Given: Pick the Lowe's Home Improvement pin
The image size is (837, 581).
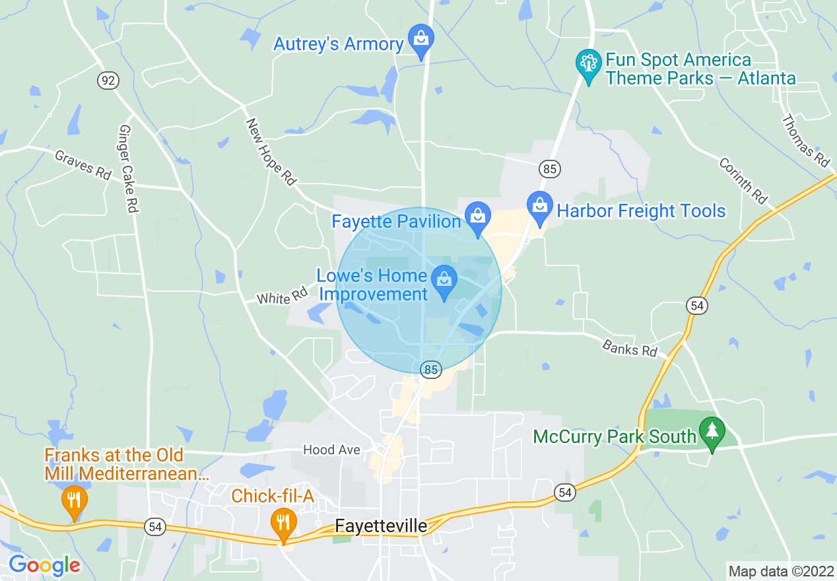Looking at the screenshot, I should point(444,283).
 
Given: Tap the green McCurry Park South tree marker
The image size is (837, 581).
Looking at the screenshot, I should point(712,433).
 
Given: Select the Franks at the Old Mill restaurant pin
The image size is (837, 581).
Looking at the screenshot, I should point(74,501).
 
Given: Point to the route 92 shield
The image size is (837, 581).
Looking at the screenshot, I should point(108,81).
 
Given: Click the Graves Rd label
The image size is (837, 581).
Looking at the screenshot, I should point(83,165).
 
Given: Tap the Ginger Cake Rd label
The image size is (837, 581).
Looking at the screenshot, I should point(128,168).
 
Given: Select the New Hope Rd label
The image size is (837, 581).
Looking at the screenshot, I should point(271,151).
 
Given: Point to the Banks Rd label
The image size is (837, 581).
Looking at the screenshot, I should point(630,347).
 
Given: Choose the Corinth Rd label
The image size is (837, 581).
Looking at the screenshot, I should point(743,180).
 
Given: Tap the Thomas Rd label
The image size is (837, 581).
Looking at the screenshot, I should point(805,140).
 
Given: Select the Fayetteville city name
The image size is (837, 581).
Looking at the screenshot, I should point(381,526).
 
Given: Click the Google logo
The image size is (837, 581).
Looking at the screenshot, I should point(44,565).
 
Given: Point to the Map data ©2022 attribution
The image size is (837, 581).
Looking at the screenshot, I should point(780,571).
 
